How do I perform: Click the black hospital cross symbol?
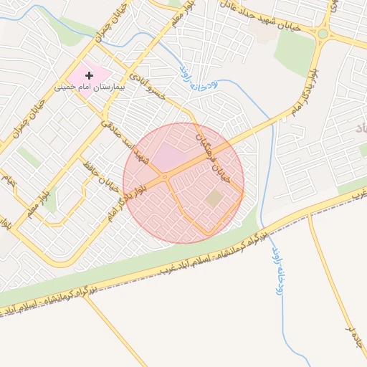tap(89, 75)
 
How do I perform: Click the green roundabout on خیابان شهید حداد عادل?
tap(323, 33)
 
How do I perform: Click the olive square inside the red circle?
tap(214, 198)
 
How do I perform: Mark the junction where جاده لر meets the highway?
tap(310, 216)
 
